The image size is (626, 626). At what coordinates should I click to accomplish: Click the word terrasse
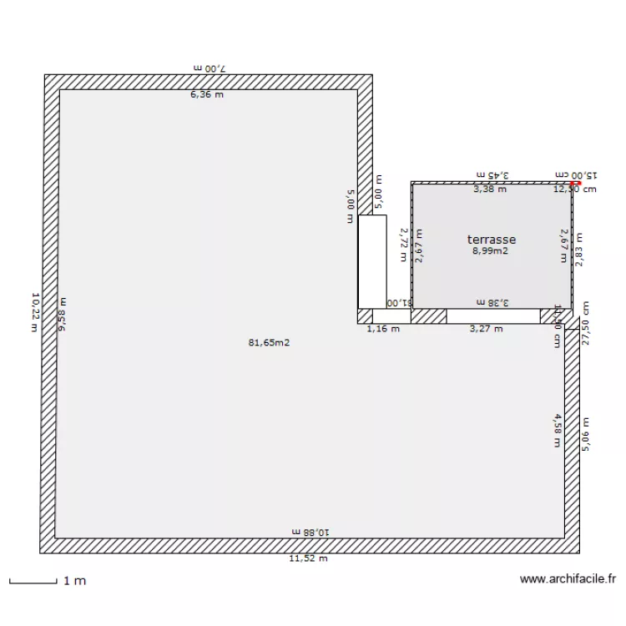(x=492, y=239)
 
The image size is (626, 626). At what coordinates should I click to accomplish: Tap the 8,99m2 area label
(x=491, y=250)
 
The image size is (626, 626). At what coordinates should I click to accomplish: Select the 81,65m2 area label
(x=270, y=342)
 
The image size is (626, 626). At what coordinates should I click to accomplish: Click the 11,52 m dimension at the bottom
(x=309, y=558)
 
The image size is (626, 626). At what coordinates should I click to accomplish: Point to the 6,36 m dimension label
(x=207, y=94)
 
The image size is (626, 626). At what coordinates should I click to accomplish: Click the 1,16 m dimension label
(x=383, y=328)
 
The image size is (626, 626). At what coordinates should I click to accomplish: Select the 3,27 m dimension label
(x=487, y=328)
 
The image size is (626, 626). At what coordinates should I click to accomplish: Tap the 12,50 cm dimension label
(x=575, y=189)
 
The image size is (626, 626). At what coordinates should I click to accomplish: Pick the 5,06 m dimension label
(x=586, y=434)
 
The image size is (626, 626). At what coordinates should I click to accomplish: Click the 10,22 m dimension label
(x=35, y=311)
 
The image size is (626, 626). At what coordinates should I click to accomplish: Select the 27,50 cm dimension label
(x=586, y=324)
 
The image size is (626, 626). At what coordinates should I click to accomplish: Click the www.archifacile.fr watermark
(x=568, y=578)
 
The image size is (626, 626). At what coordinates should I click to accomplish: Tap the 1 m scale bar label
(x=74, y=581)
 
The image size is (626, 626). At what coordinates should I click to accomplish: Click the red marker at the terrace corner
(x=573, y=183)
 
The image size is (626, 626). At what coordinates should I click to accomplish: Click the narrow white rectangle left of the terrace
(x=372, y=261)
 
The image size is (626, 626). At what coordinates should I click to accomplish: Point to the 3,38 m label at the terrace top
(x=490, y=189)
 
